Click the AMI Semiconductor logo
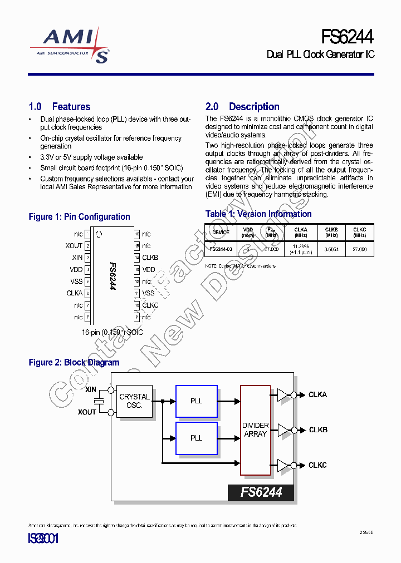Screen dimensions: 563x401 69,45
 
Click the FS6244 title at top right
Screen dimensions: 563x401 348,37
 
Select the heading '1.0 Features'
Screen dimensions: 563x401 59,106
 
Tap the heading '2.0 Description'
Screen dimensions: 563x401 242,106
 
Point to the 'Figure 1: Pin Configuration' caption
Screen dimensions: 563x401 79,216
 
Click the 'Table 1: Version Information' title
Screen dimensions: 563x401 258,214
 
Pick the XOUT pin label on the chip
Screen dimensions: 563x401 74,246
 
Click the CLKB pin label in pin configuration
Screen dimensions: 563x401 150,258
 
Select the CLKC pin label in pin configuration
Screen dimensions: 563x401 150,305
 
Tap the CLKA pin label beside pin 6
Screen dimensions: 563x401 74,293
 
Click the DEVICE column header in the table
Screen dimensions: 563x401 221,232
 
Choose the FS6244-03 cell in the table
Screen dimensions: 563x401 221,250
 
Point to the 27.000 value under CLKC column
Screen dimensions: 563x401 359,250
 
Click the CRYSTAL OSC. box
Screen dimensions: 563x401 134,401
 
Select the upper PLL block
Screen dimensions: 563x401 196,401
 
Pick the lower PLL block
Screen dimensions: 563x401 196,438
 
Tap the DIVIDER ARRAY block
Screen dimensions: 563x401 256,429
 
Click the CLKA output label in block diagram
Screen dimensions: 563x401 317,394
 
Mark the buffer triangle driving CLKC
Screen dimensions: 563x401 283,465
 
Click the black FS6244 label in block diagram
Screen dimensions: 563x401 261,492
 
